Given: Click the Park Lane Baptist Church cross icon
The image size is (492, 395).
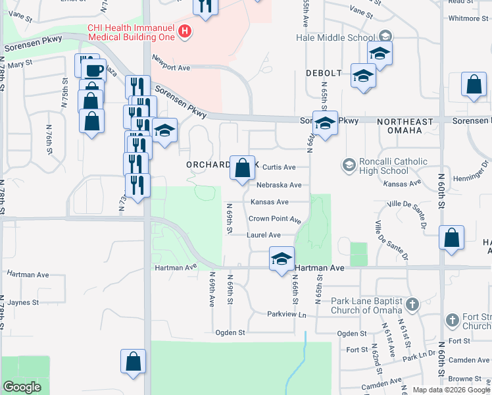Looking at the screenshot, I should click(412, 304).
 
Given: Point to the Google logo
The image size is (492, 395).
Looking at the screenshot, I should click(22, 386).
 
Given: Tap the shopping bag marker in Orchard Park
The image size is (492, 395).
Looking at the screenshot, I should click(243, 168).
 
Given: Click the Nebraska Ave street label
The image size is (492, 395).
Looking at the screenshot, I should click(279, 185).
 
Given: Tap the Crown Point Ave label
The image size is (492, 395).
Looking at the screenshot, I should click(274, 219).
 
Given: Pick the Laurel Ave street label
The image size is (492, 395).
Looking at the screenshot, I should click(264, 235).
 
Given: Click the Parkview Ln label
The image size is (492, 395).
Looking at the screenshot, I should click(287, 315).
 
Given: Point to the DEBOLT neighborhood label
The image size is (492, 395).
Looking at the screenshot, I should click(324, 72).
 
